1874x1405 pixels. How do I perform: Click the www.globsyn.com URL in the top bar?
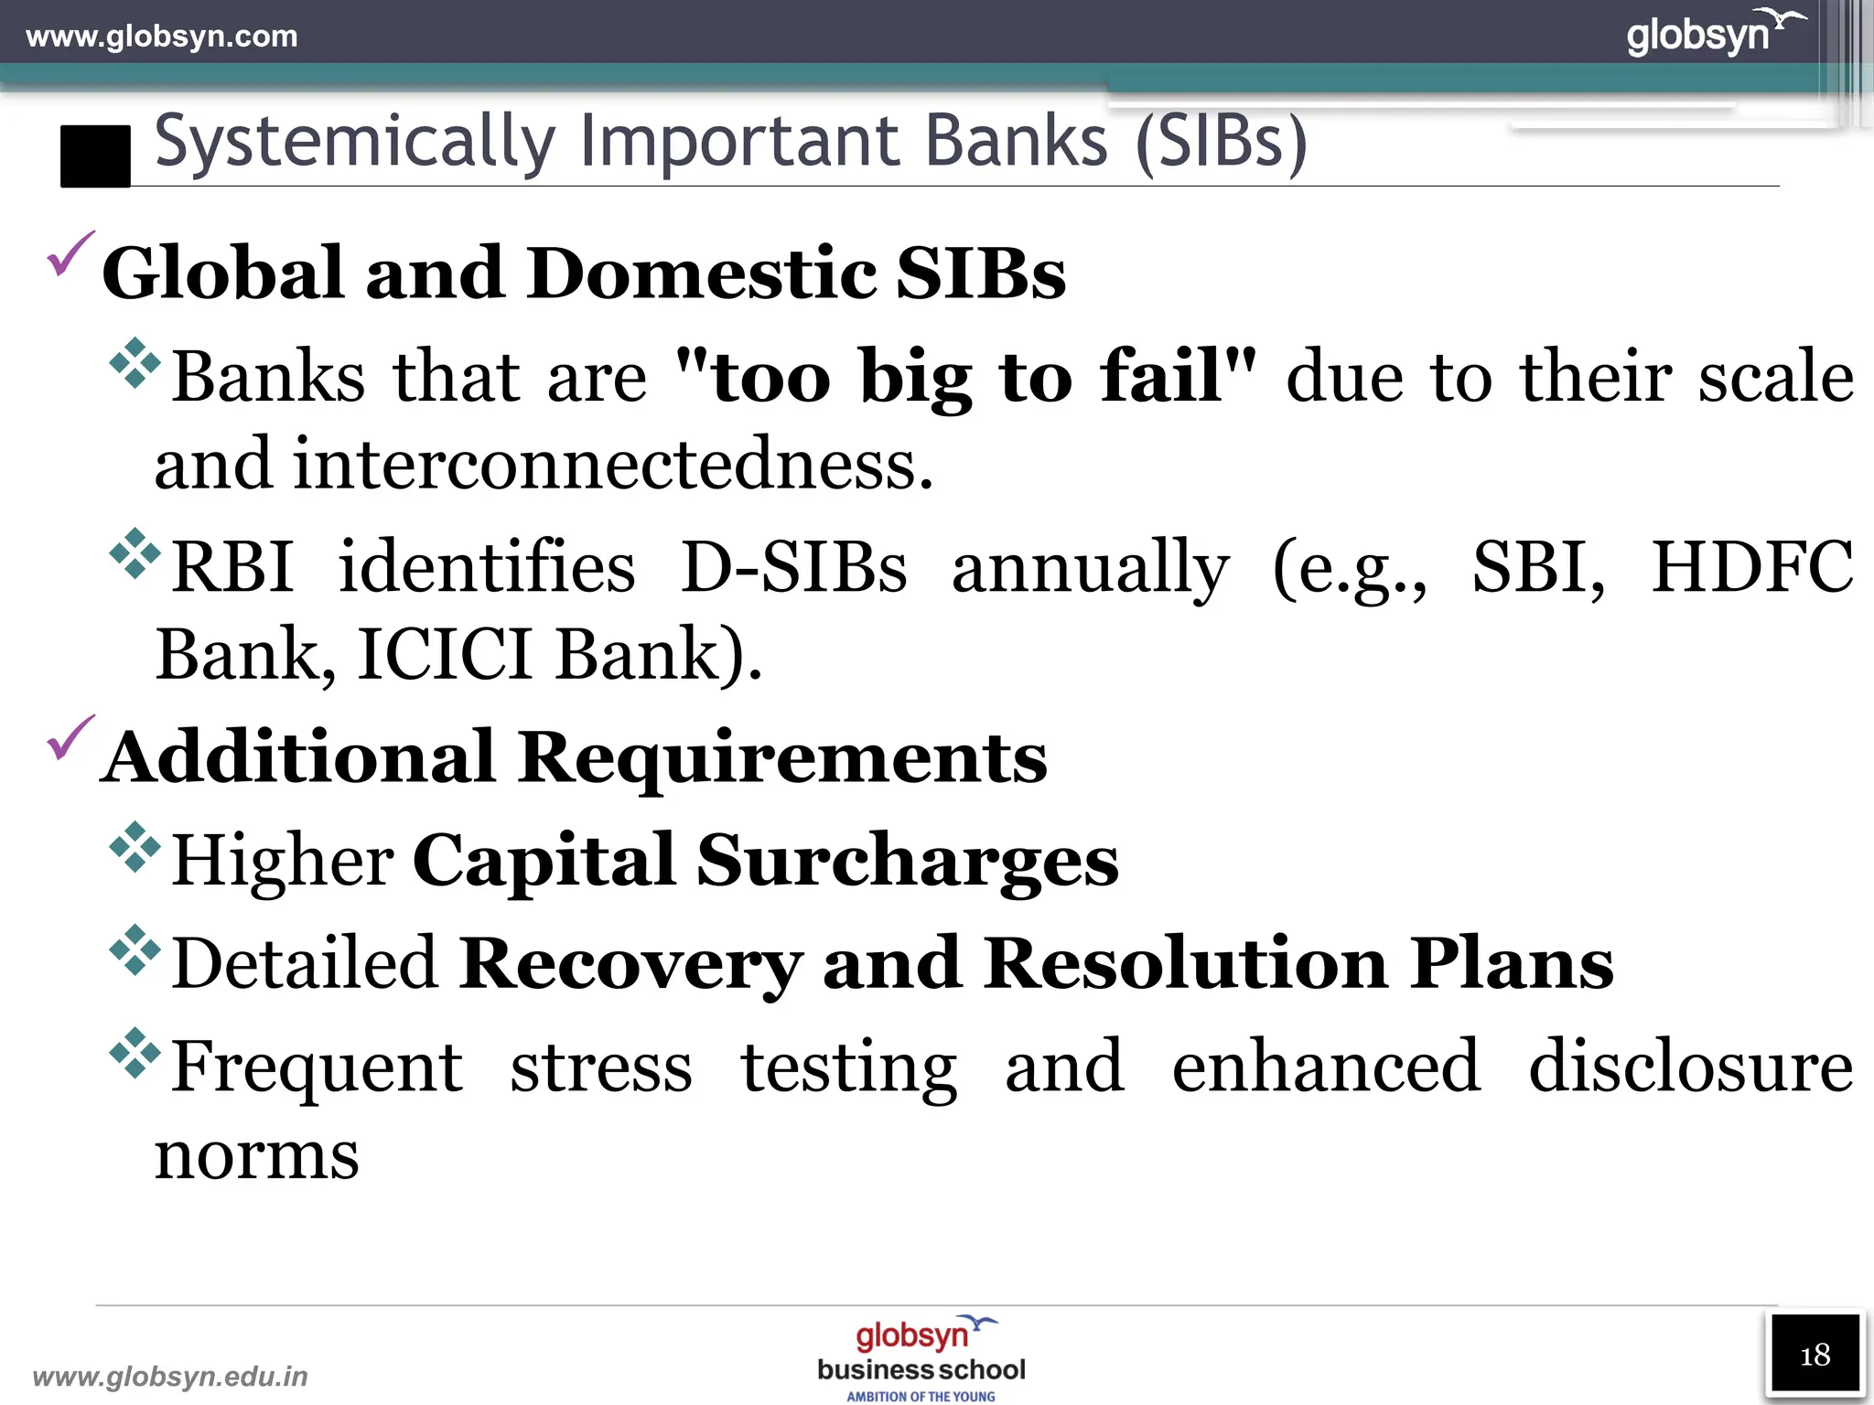pos(162,37)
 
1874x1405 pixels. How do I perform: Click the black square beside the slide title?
pos(95,156)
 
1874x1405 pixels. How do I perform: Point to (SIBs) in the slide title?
pos(1222,143)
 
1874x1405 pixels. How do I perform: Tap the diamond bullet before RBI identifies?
pos(135,553)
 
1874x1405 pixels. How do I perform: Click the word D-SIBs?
pos(793,567)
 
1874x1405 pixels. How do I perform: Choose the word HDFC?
pos(1751,567)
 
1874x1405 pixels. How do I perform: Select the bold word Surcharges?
pos(907,861)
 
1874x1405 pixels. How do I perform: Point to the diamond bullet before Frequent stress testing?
pos(135,1053)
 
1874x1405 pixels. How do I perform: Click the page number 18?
pos(1815,1355)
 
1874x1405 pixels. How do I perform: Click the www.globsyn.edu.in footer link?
pos(170,1376)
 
